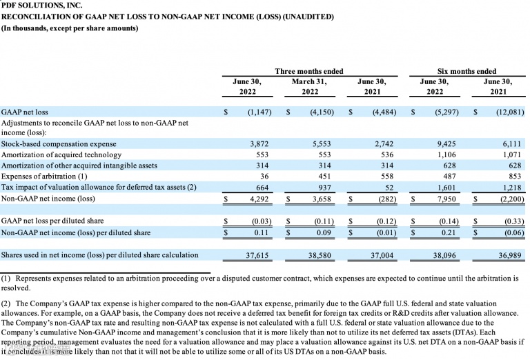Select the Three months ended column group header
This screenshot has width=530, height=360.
coord(308,71)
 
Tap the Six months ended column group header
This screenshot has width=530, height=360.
coord(467,71)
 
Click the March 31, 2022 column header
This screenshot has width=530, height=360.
coord(309,86)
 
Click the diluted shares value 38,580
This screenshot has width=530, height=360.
coord(309,255)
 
